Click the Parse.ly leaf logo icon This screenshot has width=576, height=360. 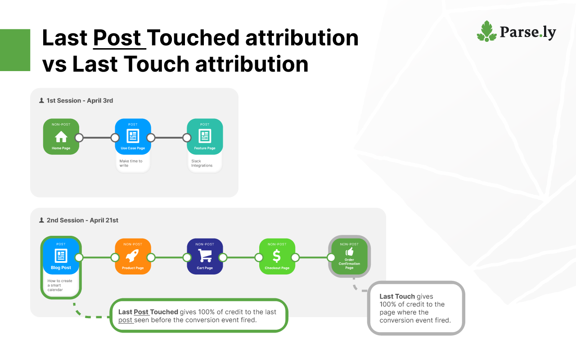click(x=486, y=31)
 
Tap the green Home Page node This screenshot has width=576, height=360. click(x=61, y=136)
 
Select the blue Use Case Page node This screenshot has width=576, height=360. click(x=133, y=136)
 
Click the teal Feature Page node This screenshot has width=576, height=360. click(x=205, y=136)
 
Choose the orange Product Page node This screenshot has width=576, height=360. click(x=133, y=256)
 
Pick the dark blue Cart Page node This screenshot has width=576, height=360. click(x=205, y=256)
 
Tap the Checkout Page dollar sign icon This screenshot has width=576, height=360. click(x=277, y=256)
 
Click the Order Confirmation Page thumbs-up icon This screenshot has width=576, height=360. click(x=349, y=252)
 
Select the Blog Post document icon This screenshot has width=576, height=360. click(x=61, y=256)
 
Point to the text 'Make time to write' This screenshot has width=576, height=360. click(x=131, y=163)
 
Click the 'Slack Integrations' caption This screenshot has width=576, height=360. click(x=202, y=163)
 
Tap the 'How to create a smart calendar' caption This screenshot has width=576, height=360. click(x=60, y=285)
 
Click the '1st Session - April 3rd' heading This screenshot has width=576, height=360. click(x=80, y=100)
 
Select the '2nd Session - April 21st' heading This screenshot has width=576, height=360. click(x=82, y=220)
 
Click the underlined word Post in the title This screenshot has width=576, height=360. click(x=117, y=38)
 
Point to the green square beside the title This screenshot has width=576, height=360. click(x=15, y=50)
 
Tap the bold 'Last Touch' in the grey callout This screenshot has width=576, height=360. click(x=397, y=297)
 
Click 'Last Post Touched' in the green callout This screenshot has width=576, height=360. click(x=148, y=312)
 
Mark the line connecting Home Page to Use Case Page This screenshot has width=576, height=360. click(x=97, y=138)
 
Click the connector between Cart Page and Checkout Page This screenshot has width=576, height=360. click(x=241, y=257)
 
